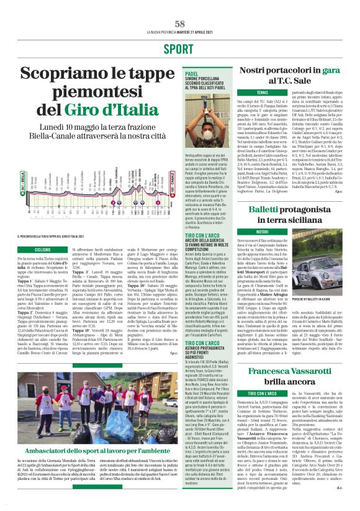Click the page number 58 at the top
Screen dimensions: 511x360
tap(180, 23)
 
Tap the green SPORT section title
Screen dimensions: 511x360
tap(180, 48)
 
